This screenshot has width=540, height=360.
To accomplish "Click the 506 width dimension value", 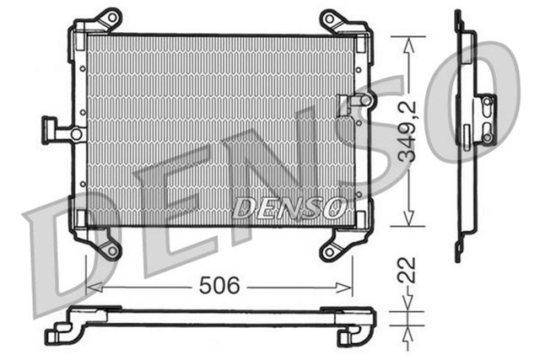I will [x=219, y=286].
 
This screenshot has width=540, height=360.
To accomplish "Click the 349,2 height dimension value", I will [x=408, y=132].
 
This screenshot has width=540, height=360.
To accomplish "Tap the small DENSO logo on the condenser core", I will [x=289, y=206].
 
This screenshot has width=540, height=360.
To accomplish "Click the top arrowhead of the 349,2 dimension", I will [x=408, y=40].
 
